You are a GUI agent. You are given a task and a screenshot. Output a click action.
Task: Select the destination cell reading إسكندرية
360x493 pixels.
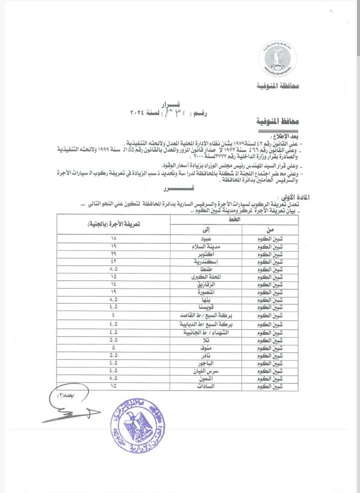click(x=206, y=262)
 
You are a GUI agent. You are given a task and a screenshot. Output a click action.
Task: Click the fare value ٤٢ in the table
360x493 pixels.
click(x=114, y=262)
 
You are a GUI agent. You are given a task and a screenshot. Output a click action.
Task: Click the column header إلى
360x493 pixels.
click(x=206, y=230)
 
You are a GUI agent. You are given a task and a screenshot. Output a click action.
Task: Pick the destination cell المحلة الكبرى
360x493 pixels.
click(x=206, y=276)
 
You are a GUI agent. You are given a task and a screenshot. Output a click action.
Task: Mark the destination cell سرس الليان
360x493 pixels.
click(x=206, y=371)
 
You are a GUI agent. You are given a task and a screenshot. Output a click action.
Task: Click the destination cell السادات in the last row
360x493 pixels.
click(x=206, y=386)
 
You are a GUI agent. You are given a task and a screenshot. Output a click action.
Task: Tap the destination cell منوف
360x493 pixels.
click(x=206, y=347)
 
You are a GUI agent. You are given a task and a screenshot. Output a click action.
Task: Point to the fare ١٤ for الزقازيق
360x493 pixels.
click(x=114, y=283)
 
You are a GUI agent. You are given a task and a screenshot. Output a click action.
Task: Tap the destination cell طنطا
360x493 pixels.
click(x=206, y=269)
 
